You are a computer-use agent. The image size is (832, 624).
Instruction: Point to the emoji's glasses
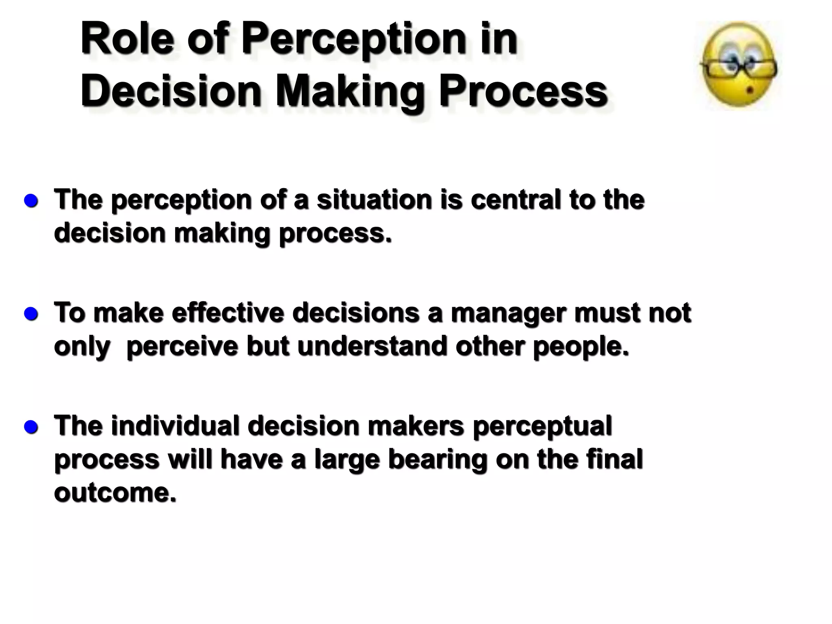click(739, 69)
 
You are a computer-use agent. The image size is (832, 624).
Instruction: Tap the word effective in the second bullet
click(227, 313)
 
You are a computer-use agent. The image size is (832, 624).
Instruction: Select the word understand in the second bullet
click(372, 346)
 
